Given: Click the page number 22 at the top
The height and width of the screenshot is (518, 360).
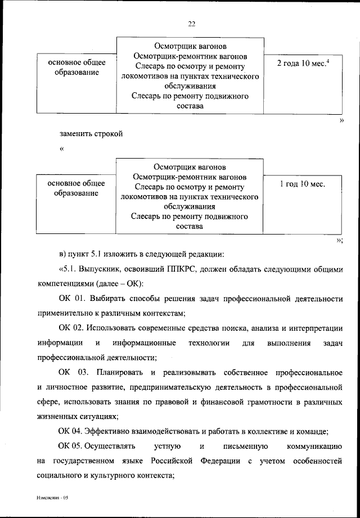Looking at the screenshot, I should pyautogui.click(x=191, y=24).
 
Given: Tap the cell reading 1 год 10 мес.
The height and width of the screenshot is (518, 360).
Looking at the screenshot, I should pyautogui.click(x=302, y=183).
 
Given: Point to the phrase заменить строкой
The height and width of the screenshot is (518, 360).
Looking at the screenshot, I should pyautogui.click(x=90, y=134).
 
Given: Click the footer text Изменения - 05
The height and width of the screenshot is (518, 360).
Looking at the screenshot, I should pyautogui.click(x=53, y=498).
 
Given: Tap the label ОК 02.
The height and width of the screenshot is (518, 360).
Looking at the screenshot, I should pyautogui.click(x=71, y=328).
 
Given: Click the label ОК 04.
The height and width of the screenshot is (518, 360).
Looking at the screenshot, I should pyautogui.click(x=71, y=431).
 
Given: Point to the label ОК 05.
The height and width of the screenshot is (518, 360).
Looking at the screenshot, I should pyautogui.click(x=71, y=447).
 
